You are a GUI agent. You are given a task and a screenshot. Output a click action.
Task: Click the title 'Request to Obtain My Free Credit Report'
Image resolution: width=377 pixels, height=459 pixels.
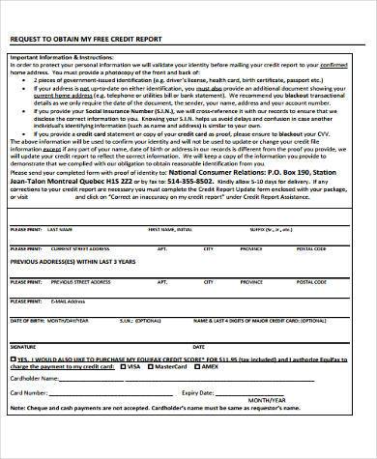87,39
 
